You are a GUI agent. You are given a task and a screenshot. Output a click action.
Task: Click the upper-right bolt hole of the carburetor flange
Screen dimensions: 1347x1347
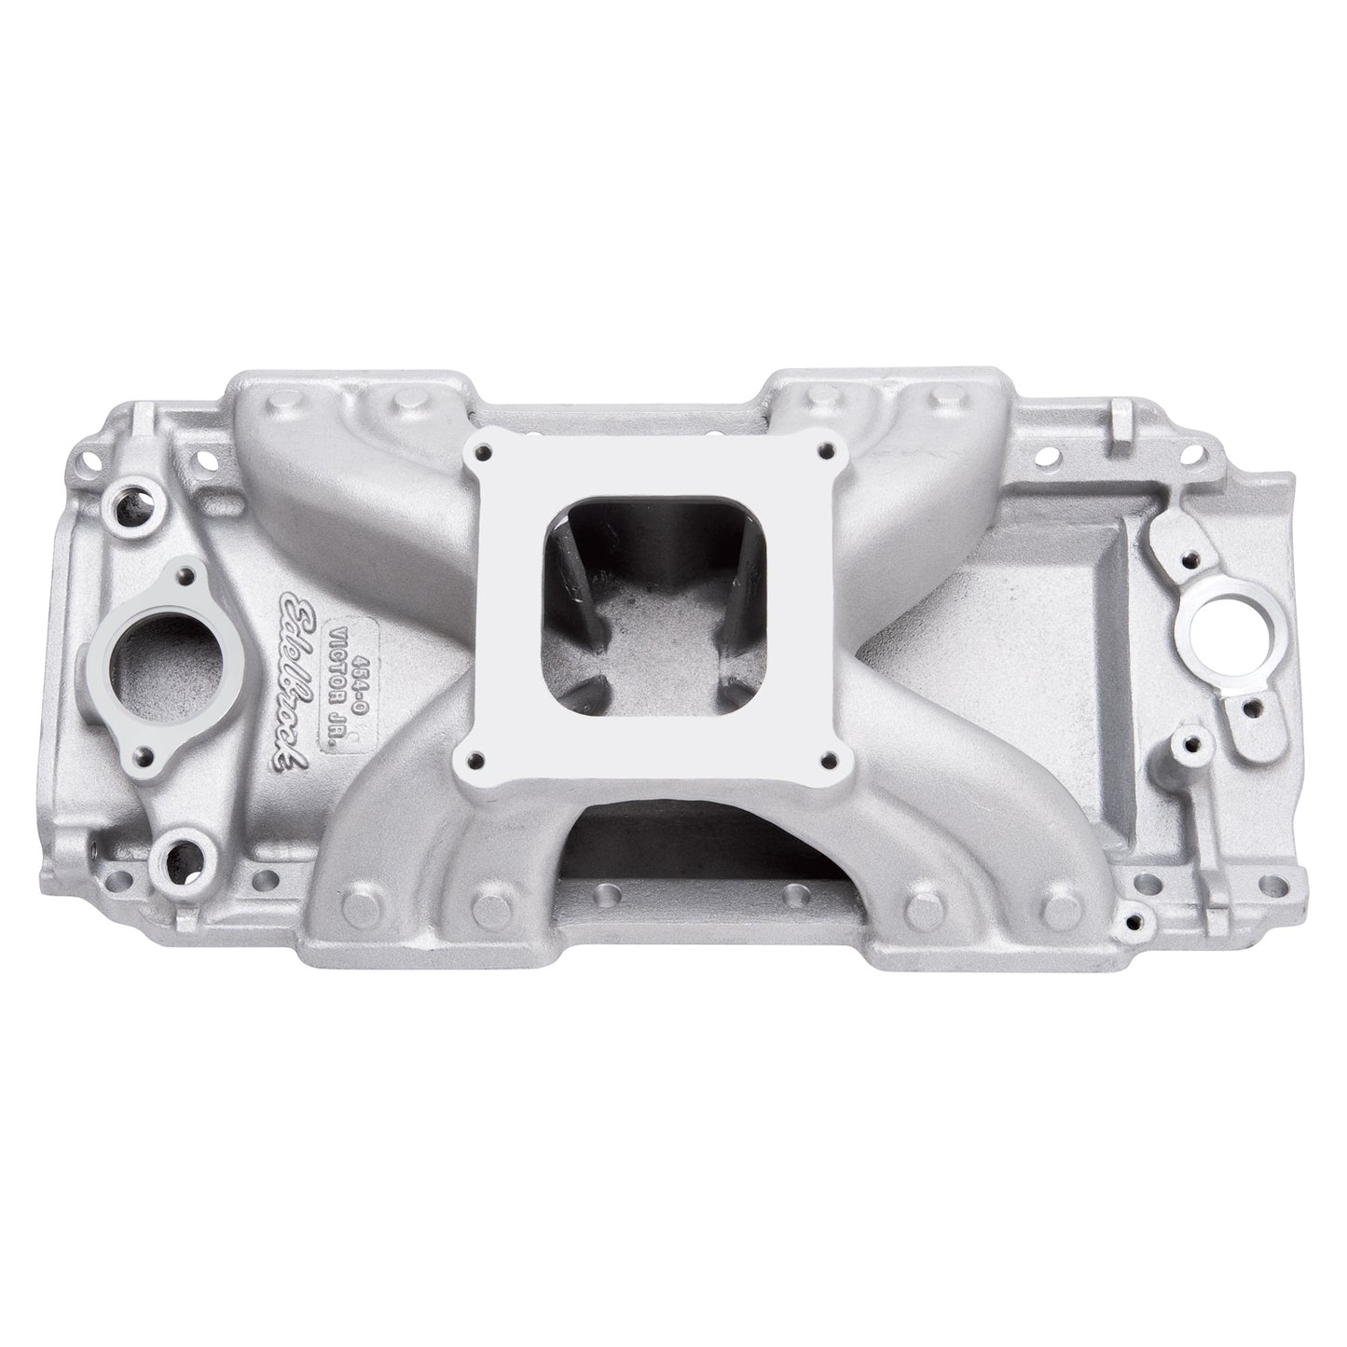tap(824, 453)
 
